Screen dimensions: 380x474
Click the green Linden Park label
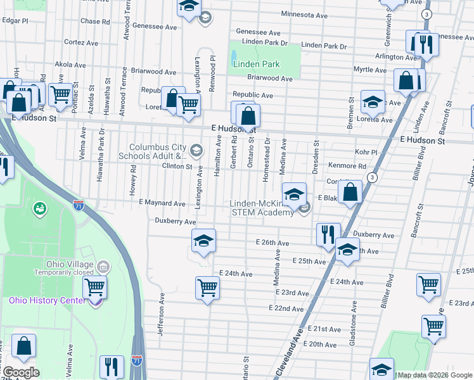click(x=257, y=64)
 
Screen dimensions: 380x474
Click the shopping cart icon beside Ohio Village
click(x=94, y=288)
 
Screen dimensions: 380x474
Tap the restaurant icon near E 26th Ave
click(x=328, y=234)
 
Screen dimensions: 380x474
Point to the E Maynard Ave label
click(x=162, y=203)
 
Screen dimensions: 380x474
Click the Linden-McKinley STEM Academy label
click(x=262, y=207)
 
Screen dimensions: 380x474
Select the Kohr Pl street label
click(x=366, y=152)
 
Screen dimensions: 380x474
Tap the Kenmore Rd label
click(x=347, y=166)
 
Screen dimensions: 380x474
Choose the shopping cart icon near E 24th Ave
click(x=207, y=288)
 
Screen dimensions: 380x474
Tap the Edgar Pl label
click(x=15, y=20)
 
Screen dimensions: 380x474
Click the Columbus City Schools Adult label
click(x=157, y=151)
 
